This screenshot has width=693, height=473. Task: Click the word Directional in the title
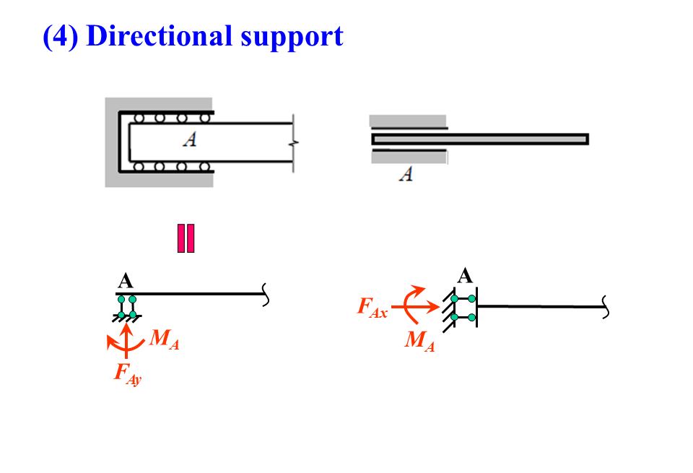[159, 35]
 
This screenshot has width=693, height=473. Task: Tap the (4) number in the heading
[61, 36]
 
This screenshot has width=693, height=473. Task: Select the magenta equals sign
[186, 238]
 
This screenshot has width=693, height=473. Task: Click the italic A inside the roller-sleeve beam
[190, 139]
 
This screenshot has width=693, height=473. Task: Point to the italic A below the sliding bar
[406, 174]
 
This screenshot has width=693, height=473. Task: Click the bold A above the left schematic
[125, 282]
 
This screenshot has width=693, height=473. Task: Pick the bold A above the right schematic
[466, 275]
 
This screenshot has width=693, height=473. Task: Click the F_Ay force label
[127, 373]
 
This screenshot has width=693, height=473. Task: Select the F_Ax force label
[372, 308]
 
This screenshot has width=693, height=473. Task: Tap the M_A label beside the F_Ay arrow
[164, 339]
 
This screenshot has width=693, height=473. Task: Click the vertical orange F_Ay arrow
[127, 339]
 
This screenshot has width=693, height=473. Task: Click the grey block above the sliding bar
[407, 121]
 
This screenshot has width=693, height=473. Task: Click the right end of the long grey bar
[586, 139]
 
